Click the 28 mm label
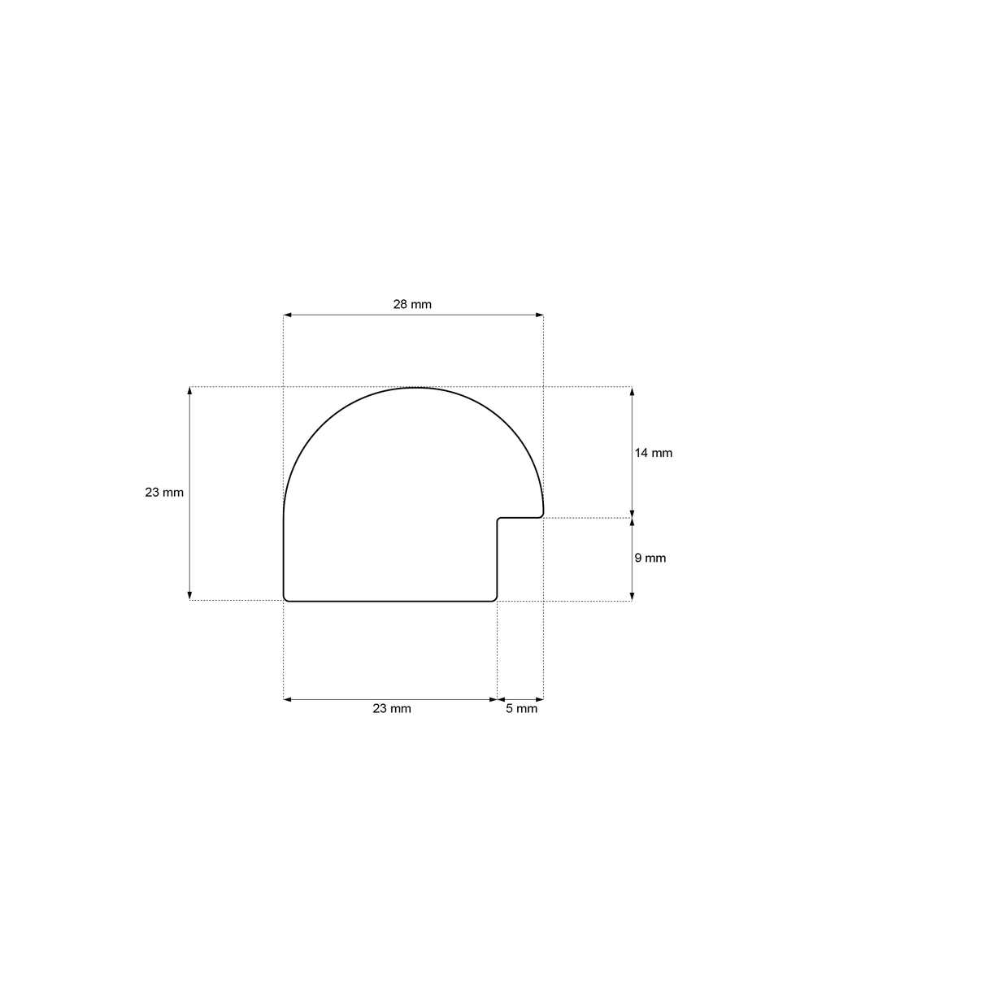pyautogui.click(x=412, y=304)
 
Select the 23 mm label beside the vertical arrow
pyautogui.click(x=164, y=492)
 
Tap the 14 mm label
pyautogui.click(x=653, y=453)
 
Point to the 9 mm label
pyautogui.click(x=650, y=558)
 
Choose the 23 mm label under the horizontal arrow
pyautogui.click(x=391, y=708)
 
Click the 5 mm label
pyautogui.click(x=521, y=708)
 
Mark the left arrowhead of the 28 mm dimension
pyautogui.click(x=287, y=315)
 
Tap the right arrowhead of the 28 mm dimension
pyautogui.click(x=539, y=315)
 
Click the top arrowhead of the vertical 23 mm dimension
pyautogui.click(x=189, y=391)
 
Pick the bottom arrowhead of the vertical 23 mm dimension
pyautogui.click(x=189, y=596)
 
